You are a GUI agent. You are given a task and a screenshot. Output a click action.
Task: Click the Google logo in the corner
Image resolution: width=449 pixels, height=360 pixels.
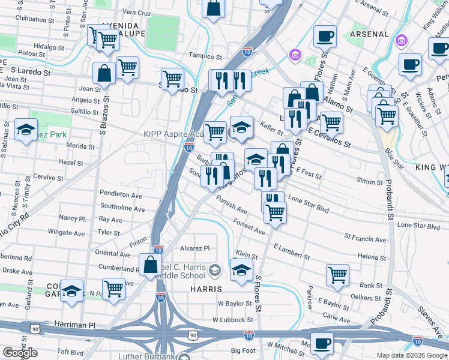(20, 353)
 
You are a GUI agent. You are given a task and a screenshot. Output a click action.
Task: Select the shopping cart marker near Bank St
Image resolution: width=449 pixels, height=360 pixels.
(338, 275)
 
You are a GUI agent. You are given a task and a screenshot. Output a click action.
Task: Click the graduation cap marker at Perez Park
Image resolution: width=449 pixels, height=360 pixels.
(26, 130)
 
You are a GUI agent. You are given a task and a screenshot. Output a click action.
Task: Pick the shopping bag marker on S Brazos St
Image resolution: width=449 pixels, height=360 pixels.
(104, 73)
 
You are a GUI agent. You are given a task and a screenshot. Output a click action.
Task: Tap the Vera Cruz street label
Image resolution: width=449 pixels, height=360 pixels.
(136, 12)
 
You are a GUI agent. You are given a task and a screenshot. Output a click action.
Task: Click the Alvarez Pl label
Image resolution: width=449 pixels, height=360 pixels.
(194, 247)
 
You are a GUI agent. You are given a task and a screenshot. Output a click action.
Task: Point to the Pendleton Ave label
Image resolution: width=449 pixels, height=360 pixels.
(121, 195)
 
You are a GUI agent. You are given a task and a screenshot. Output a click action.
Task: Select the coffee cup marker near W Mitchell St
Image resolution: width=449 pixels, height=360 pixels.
(322, 343)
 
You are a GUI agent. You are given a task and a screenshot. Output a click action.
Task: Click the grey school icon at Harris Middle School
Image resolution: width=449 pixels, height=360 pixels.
(214, 272)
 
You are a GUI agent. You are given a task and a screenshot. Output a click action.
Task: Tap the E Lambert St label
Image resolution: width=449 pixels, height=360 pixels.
(291, 251)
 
